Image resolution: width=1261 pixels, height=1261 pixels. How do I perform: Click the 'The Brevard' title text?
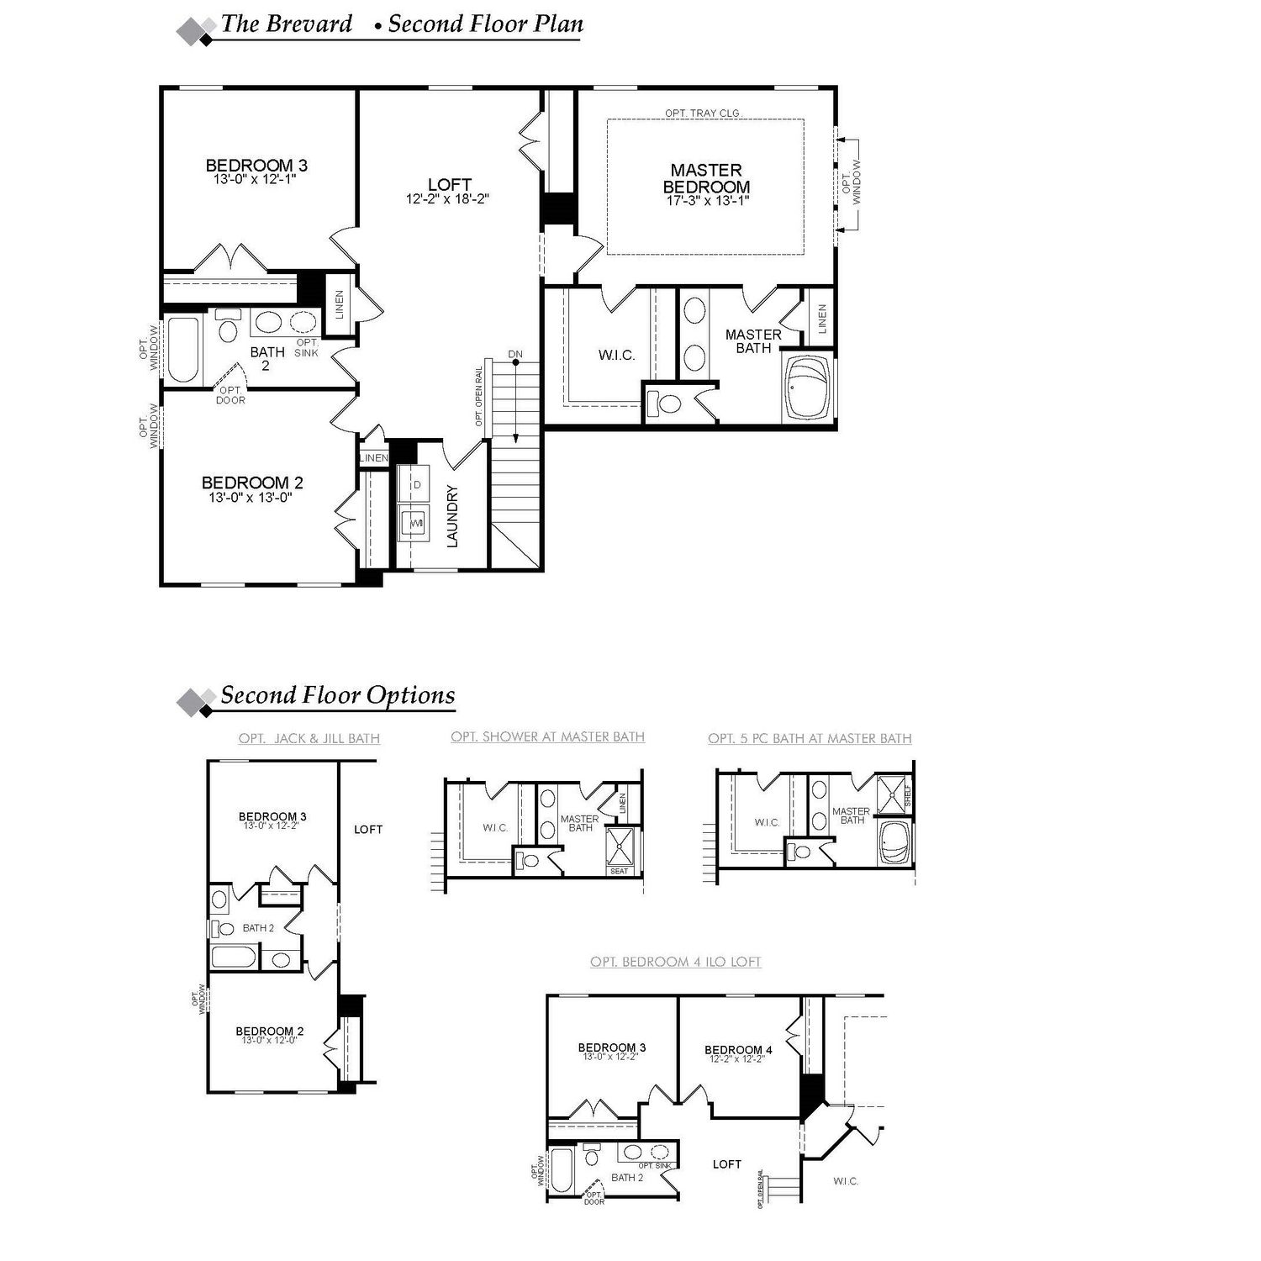point(286,24)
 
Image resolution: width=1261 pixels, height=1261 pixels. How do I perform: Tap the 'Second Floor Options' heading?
point(337,695)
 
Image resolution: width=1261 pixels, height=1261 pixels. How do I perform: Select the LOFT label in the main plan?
point(449,184)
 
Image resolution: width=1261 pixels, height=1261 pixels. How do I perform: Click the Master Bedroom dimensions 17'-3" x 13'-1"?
point(706,201)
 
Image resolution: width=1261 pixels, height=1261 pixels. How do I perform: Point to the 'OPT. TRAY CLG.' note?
point(703,113)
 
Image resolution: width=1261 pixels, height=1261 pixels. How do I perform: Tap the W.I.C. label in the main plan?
point(616,356)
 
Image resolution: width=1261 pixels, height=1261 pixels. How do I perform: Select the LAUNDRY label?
point(452,516)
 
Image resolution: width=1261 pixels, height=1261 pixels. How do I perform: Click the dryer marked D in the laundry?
point(416,485)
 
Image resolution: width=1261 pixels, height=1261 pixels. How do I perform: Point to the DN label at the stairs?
point(515,354)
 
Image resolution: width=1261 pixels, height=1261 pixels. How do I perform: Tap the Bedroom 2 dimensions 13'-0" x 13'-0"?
point(251,498)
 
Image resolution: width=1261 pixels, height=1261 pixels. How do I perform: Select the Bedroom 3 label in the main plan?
point(251,165)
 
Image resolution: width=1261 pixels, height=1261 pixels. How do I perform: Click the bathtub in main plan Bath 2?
point(183,349)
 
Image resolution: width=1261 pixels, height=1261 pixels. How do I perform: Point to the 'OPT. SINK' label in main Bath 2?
point(307,348)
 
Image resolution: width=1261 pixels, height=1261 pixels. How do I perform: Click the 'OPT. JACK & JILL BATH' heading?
point(309,738)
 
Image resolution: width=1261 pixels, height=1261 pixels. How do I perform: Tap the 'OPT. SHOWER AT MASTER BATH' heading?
point(547,736)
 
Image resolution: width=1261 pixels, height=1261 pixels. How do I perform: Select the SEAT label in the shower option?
point(620,871)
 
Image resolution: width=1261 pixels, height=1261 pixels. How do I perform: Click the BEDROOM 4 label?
point(738,1049)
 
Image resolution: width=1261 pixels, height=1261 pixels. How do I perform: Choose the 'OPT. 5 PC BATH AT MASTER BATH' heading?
point(810,738)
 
